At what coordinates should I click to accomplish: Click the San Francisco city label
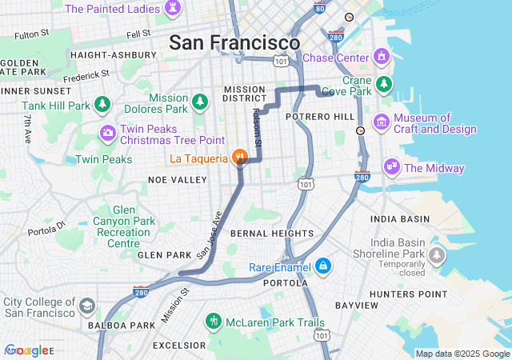[234, 42]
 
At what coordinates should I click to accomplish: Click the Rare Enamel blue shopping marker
[322, 266]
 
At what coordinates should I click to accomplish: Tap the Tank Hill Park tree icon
[102, 105]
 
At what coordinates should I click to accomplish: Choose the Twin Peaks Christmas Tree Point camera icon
[107, 132]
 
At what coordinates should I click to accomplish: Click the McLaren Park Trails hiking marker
[214, 322]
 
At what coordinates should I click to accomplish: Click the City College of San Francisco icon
[86, 306]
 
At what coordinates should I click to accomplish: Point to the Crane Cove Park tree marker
[385, 84]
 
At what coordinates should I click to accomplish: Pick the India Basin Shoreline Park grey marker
[436, 255]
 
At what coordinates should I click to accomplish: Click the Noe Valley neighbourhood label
[178, 180]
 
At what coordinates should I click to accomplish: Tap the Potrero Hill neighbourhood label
[322, 117]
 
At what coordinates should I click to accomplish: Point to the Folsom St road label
[257, 127]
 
